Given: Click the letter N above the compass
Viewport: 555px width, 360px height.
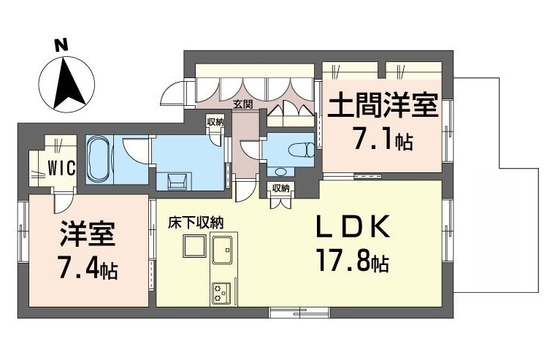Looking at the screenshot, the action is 61,46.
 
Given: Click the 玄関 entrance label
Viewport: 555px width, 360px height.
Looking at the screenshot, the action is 242,104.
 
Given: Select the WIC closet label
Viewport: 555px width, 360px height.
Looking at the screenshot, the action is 61,167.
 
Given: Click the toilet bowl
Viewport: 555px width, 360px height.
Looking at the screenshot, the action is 301,150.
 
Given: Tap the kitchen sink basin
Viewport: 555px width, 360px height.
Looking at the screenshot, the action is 221,250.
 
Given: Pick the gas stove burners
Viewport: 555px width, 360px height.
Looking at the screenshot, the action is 221,294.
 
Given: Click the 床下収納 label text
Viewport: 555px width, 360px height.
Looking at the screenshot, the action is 195,223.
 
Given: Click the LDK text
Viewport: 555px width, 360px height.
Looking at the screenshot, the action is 353,226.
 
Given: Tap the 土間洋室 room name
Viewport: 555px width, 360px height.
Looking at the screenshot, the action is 382,104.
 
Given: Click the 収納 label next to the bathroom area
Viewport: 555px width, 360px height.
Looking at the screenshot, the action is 215,123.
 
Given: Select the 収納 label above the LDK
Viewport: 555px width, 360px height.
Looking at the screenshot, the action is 280,188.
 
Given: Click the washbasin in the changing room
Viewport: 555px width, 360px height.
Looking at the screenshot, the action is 177,181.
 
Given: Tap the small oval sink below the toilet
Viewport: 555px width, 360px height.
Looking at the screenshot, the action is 280,172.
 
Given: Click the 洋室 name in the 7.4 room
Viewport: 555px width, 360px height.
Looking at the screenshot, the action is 88,234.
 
